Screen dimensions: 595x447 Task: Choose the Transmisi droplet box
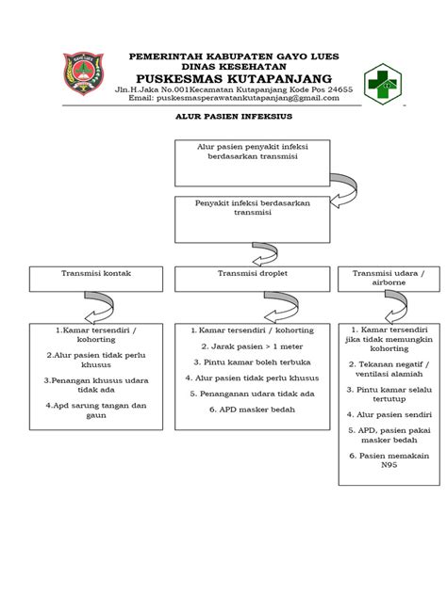252,278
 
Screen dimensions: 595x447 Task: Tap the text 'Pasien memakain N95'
389,459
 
